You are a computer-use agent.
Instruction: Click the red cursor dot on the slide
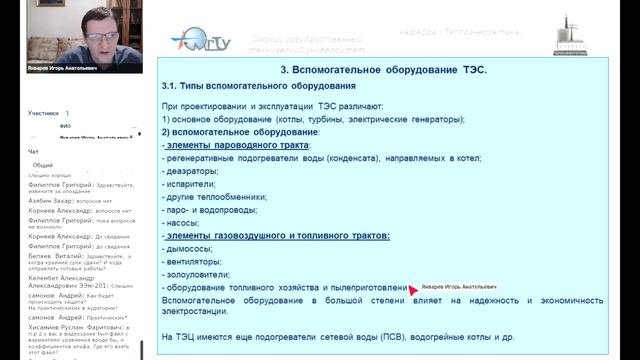pyautogui.click(x=413, y=289)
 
